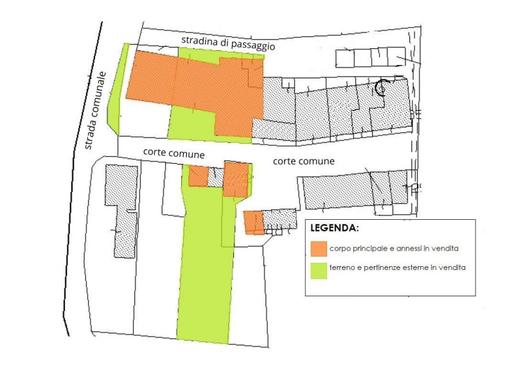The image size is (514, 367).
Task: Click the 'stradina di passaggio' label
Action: (228, 44)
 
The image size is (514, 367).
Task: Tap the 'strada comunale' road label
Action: (95, 109)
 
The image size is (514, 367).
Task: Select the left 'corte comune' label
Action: (174, 154)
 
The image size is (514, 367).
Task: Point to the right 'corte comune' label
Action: (303, 161)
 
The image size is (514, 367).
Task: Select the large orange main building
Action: (193, 84)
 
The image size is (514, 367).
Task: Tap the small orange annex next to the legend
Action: (253, 222)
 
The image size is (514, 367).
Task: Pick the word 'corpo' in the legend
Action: (339, 248)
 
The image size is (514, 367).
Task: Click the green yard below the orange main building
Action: (191, 122)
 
